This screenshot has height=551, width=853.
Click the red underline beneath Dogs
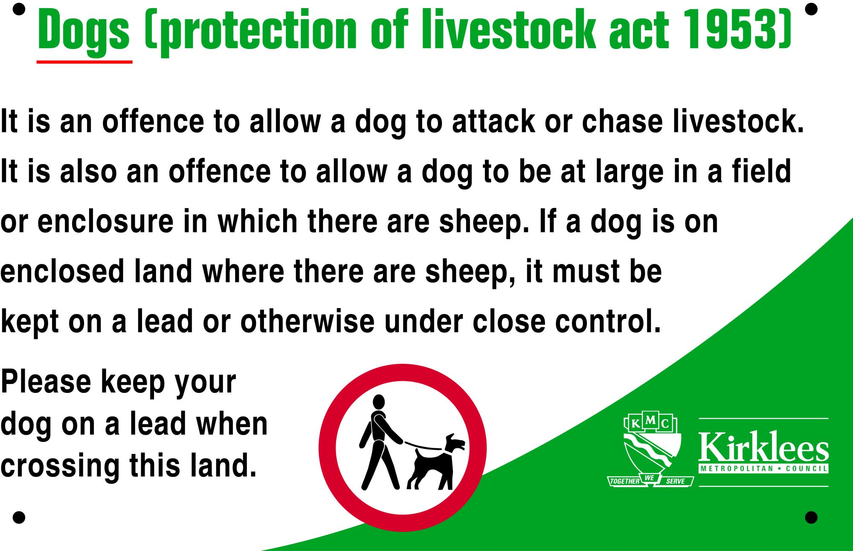pyautogui.click(x=84, y=62)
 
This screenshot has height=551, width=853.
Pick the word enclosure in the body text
pyautogui.click(x=105, y=221)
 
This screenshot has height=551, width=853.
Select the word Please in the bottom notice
pyautogui.click(x=46, y=381)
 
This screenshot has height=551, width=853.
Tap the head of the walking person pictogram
pyautogui.click(x=379, y=401)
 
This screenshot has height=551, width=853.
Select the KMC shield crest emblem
pyautogui.click(x=650, y=447)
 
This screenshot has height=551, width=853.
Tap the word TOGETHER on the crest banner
pyautogui.click(x=624, y=481)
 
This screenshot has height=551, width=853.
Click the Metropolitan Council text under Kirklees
pyautogui.click(x=763, y=469)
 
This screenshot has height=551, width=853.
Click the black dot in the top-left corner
pyautogui.click(x=19, y=9)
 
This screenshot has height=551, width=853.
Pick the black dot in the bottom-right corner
pyautogui.click(x=811, y=517)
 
